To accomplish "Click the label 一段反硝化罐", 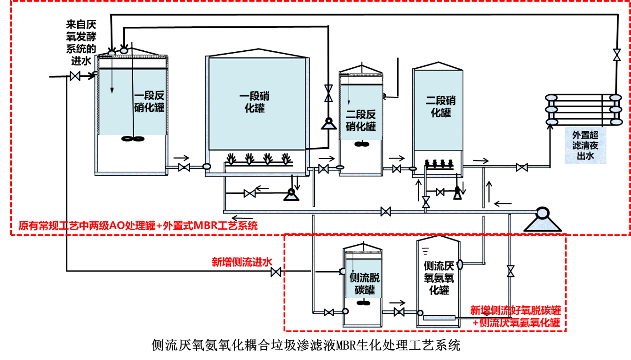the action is coord(149,101).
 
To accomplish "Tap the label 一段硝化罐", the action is coord(255,102).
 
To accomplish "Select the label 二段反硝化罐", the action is coord(361,120).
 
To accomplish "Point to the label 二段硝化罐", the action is coord(440,106).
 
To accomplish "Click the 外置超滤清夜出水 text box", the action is coord(585,145).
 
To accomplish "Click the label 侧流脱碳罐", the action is coord(365,284).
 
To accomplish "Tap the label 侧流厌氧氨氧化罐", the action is coord(439,278).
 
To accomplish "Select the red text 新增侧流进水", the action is coord(242,262).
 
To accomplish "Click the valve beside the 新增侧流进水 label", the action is coord(276,272).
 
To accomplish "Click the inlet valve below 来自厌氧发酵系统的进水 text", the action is coord(75,76).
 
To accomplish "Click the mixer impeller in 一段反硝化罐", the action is coord(133,139).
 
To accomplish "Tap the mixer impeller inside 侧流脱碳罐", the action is coord(363,303).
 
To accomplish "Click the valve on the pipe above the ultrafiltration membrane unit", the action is coord(617,55).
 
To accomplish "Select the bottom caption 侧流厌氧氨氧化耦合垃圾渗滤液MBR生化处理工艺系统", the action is coord(306,345).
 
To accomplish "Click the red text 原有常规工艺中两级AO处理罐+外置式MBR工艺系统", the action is coord(138,225).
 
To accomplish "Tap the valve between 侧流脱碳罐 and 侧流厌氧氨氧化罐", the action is coord(399,312).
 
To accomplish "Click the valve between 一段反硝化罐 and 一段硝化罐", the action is coord(184,168).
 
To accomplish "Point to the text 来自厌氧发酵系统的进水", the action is coord(81,42).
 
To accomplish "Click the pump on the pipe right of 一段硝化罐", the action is coord(329,124).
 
